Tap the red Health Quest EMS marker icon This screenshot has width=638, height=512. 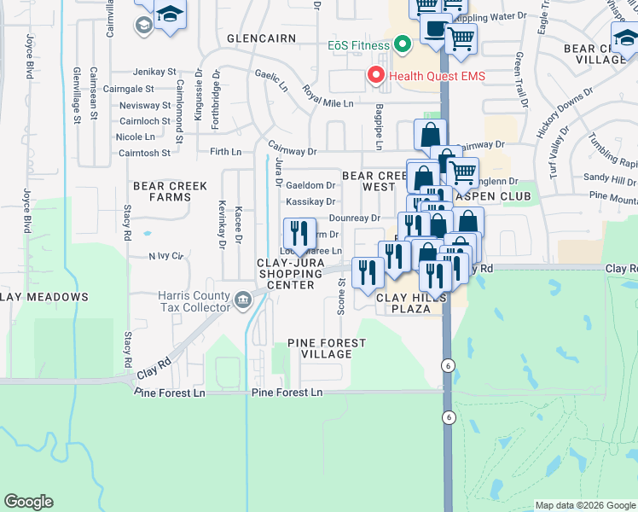(375, 76)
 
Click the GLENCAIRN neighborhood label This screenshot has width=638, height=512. (261, 38)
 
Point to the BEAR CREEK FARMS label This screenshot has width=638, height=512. (162, 191)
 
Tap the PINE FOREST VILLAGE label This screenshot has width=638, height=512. (327, 348)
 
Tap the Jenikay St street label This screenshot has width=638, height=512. (154, 73)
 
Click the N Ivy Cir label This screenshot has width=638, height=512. (166, 255)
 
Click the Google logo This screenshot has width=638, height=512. (29, 502)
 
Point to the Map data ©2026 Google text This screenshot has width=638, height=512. (584, 505)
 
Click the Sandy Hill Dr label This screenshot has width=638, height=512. (609, 180)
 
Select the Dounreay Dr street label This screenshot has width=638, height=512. (354, 218)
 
